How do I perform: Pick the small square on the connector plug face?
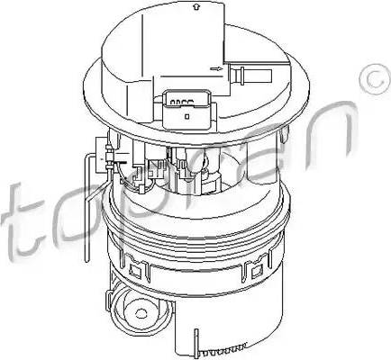pyautogui.click(x=186, y=114)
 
